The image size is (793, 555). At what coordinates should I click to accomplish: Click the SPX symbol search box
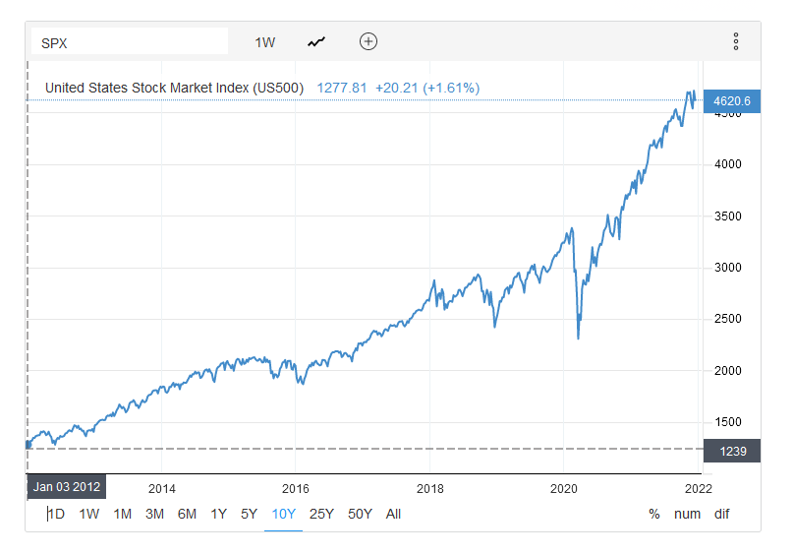click(x=129, y=42)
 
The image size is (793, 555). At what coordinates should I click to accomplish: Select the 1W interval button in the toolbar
click(x=265, y=42)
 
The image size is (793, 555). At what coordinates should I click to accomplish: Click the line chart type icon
click(x=316, y=42)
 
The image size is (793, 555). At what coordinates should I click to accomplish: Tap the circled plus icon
click(x=368, y=41)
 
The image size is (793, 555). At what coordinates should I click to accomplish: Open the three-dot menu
click(x=735, y=41)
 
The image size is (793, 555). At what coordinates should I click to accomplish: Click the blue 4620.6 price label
click(x=732, y=100)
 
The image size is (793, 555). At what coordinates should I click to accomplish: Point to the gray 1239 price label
click(x=732, y=450)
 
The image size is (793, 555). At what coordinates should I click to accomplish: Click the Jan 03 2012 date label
click(x=66, y=486)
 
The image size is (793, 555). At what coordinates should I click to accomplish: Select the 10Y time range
click(x=284, y=514)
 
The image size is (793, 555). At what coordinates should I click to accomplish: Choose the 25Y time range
click(x=321, y=514)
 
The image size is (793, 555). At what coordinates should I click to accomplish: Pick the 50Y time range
click(x=360, y=514)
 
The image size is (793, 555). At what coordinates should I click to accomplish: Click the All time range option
click(x=393, y=514)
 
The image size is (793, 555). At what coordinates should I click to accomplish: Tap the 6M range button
click(x=187, y=514)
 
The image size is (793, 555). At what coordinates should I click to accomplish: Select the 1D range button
click(x=57, y=514)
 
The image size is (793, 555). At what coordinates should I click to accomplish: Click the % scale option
click(x=654, y=514)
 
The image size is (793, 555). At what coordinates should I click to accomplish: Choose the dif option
click(x=721, y=514)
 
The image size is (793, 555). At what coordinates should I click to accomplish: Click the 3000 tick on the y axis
click(x=728, y=268)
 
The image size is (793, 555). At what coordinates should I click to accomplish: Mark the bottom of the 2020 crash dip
click(x=578, y=339)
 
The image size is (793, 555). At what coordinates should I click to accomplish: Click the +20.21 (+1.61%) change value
click(x=427, y=88)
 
